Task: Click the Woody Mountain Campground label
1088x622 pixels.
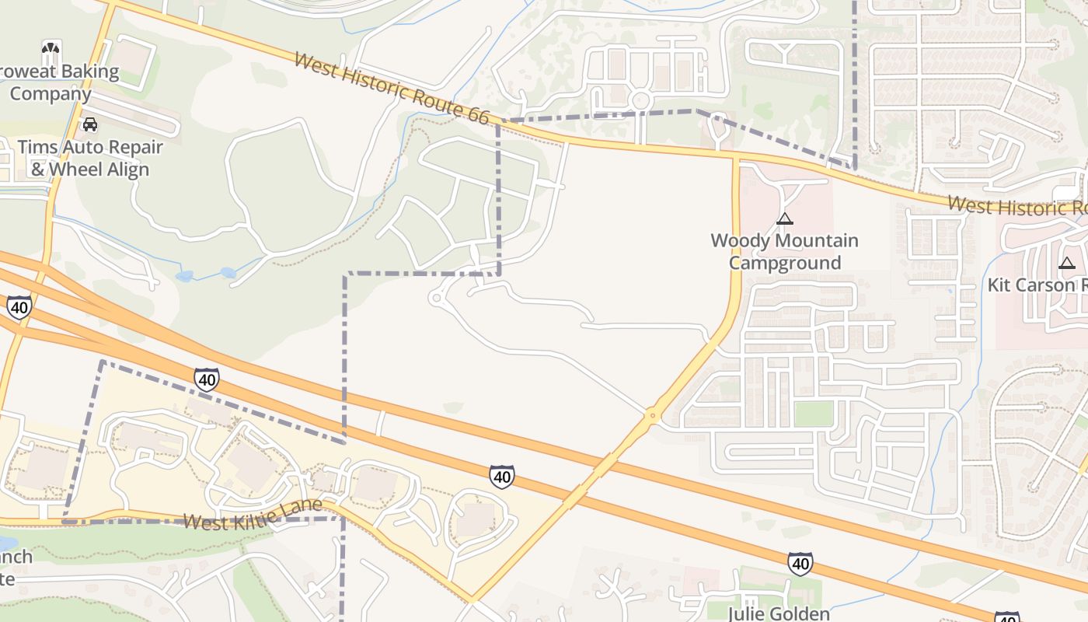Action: pos(785,251)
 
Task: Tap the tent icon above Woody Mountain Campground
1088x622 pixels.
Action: pos(785,218)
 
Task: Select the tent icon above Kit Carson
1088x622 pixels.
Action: pos(1066,263)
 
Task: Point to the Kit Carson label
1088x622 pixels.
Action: pos(1037,285)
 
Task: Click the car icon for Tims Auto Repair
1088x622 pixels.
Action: pos(90,124)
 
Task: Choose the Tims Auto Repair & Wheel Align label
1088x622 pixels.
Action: pos(90,158)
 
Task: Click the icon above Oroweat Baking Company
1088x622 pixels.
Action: pos(51,51)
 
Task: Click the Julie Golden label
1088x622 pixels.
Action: pos(779,613)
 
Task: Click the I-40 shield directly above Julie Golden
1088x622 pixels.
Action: pos(800,564)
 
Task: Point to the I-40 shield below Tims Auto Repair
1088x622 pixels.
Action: pos(19,307)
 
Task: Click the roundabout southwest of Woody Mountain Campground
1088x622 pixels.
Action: pos(653,416)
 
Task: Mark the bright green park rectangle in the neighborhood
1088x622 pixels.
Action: pos(814,414)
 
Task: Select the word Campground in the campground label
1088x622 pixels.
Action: pos(785,263)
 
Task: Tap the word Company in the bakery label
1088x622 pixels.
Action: pos(51,94)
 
